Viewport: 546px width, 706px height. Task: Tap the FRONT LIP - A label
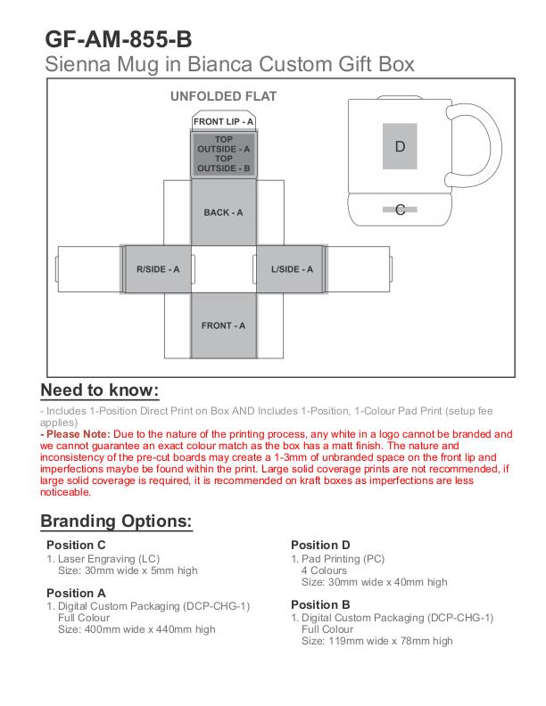tap(223, 121)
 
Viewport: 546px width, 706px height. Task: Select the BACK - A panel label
tap(223, 212)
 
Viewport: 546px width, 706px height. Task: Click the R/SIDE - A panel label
tap(158, 269)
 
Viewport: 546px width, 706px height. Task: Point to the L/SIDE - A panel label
tap(292, 269)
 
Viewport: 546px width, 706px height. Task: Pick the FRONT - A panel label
tap(223, 326)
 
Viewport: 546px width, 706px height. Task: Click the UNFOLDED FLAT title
tap(223, 96)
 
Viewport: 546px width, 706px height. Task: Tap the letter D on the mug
tap(400, 146)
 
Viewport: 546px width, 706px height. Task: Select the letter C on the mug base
tap(401, 210)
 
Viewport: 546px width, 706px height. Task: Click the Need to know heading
tap(100, 390)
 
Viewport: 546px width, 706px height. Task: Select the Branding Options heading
tap(116, 521)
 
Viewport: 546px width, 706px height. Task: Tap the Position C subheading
tap(76, 545)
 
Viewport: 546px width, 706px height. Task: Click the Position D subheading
tap(321, 545)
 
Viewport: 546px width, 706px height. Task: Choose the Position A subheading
tap(76, 592)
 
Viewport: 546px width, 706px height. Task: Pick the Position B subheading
tap(321, 603)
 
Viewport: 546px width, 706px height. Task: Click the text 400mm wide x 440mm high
tap(136, 629)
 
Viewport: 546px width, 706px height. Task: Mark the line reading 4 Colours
tap(324, 571)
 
